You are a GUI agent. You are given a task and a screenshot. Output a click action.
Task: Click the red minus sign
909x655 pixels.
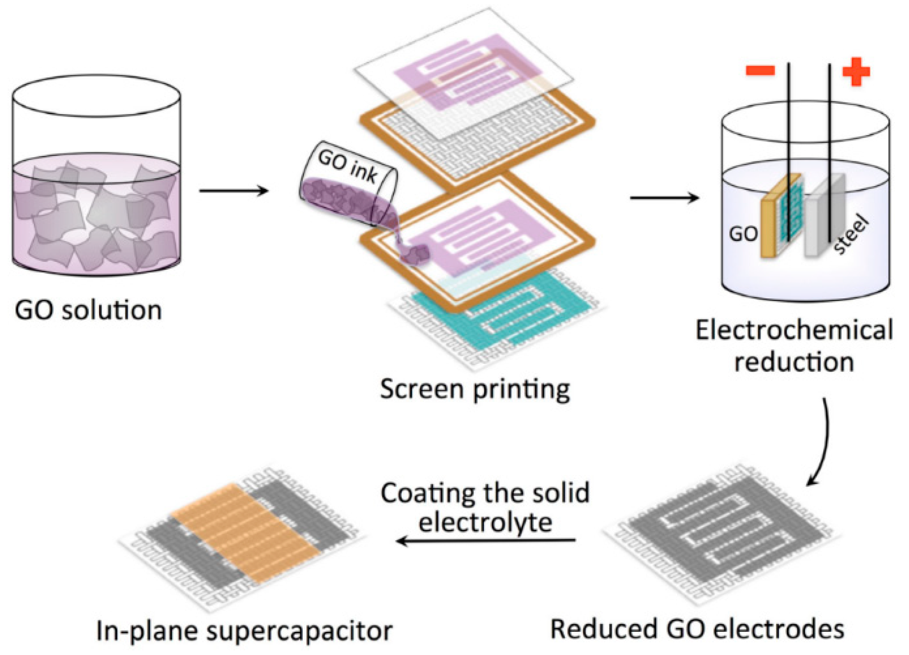click(x=759, y=71)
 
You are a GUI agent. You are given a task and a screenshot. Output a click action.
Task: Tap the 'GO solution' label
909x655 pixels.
click(x=88, y=311)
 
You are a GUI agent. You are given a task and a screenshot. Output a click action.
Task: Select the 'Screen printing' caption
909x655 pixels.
click(x=474, y=390)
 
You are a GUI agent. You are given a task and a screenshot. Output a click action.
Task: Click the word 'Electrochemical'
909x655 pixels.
click(x=794, y=330)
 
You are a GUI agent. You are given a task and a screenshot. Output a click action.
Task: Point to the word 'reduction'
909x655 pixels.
click(x=794, y=363)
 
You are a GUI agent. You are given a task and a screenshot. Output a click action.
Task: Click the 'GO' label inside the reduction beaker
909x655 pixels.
click(x=743, y=234)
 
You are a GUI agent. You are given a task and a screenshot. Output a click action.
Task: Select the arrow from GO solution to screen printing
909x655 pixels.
click(x=234, y=191)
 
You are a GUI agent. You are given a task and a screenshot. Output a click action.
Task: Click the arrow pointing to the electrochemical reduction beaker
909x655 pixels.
click(x=664, y=197)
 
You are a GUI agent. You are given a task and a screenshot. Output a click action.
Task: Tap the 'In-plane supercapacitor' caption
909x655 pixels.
click(x=244, y=631)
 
